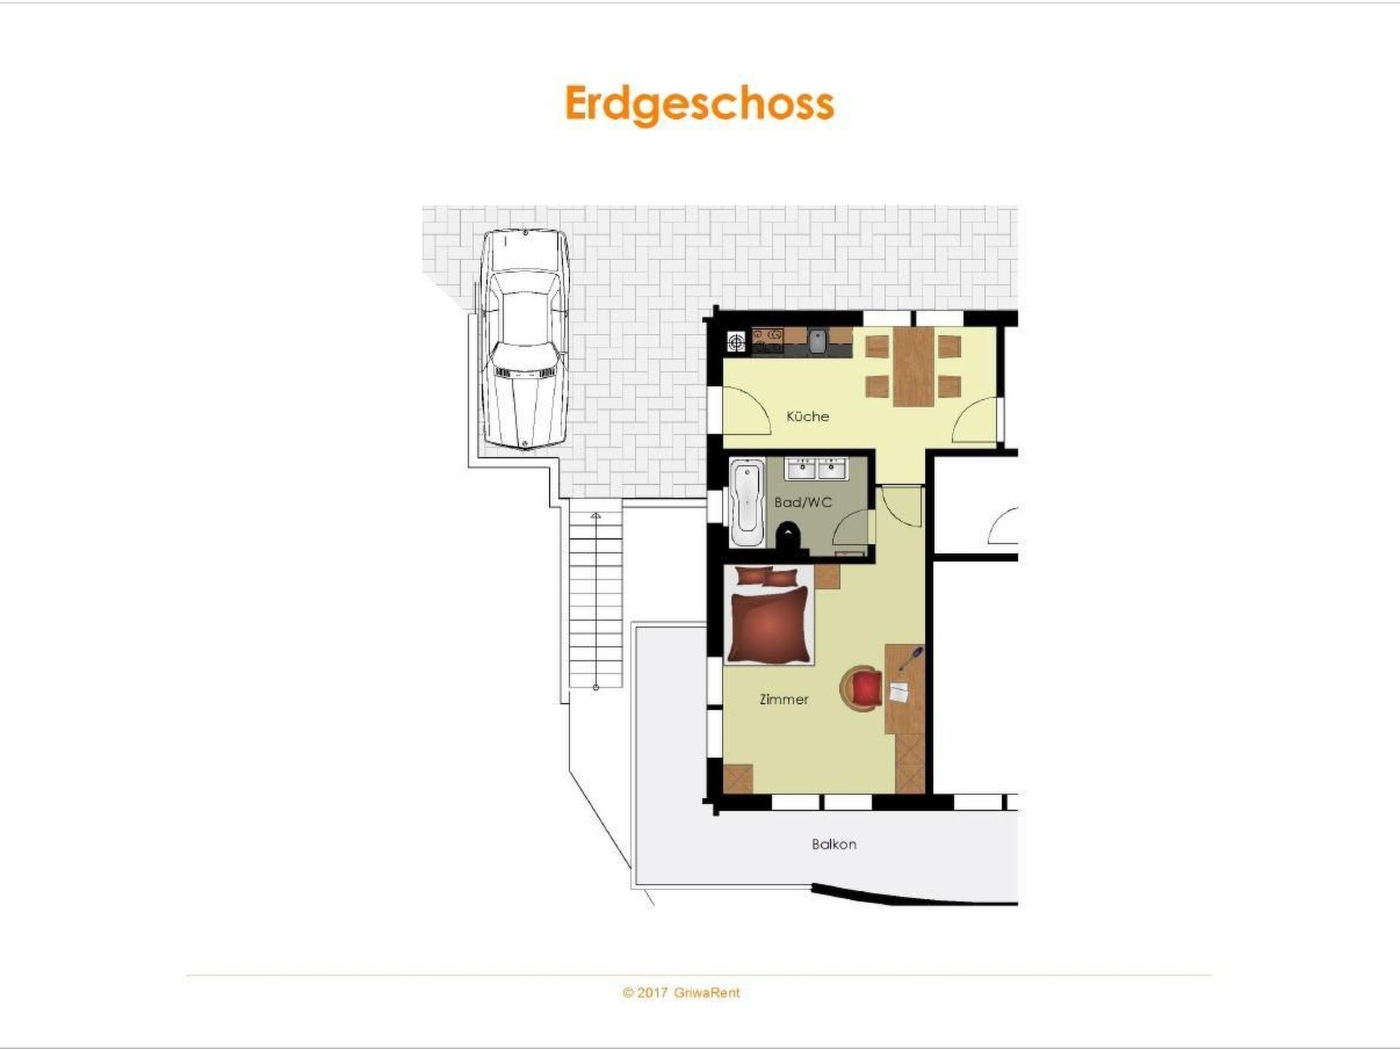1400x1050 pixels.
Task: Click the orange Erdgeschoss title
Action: (699, 105)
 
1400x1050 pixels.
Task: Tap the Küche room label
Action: (807, 416)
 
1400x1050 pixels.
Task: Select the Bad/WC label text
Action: (803, 502)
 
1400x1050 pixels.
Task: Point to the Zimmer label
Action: (784, 699)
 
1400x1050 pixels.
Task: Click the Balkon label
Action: (834, 844)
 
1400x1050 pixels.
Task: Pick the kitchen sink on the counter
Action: (818, 340)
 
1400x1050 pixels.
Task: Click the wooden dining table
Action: (913, 367)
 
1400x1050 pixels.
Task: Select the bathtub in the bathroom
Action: (747, 502)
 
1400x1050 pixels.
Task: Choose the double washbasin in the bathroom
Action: (817, 468)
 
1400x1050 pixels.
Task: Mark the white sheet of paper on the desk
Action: (899, 692)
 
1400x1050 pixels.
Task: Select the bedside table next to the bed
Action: (826, 577)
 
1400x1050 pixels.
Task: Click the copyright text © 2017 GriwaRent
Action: (681, 993)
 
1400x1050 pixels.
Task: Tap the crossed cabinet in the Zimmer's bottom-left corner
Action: (738, 779)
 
